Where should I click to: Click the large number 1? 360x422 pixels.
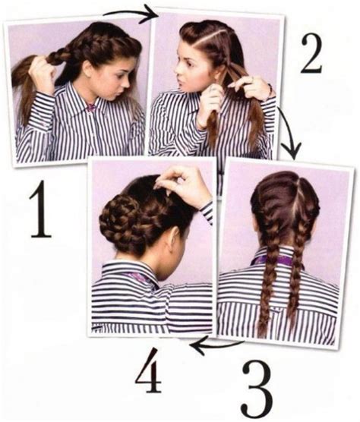[40, 209]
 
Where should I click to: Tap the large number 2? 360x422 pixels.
[311, 54]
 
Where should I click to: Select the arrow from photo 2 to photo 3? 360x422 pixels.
[289, 132]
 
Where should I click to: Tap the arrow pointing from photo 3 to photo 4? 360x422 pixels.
[216, 345]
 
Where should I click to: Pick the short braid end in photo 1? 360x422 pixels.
[57, 57]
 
